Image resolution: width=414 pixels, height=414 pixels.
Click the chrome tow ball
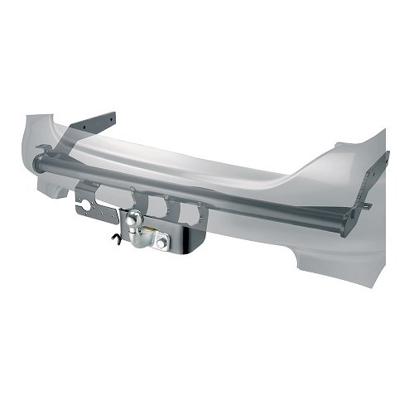[x=135, y=218]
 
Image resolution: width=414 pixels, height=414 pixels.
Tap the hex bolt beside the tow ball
[x=161, y=242]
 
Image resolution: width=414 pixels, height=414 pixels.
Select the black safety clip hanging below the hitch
[x=116, y=239]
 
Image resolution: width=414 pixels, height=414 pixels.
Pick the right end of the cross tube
[x=348, y=224]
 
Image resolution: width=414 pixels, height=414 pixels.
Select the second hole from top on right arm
[x=377, y=178]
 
